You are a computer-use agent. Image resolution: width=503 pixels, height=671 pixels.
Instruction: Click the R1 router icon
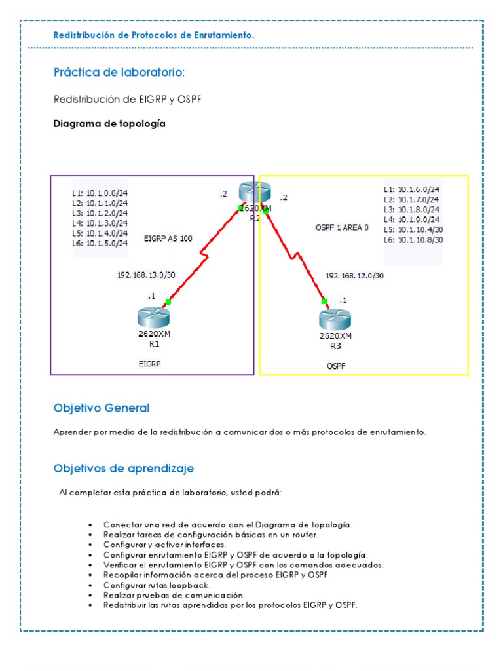click(153, 317)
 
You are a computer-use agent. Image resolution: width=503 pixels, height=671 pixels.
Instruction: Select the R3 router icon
click(335, 320)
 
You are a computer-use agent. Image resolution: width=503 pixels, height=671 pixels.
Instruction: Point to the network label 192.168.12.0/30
click(354, 276)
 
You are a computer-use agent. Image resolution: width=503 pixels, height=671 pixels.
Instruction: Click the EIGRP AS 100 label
click(168, 239)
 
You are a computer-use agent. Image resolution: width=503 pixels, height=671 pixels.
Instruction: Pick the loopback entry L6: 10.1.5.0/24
click(100, 242)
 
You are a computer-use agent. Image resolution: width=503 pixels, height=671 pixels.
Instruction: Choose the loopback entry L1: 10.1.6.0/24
click(411, 190)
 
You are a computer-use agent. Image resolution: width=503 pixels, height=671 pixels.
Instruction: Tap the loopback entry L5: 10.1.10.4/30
click(414, 230)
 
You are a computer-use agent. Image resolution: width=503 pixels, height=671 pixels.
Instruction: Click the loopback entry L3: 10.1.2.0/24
click(100, 213)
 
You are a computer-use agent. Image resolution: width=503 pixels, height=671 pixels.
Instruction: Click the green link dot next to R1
click(168, 302)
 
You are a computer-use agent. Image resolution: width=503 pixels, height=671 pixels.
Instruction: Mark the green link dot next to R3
click(324, 301)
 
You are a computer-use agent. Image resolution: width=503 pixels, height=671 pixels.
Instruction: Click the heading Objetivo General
click(102, 408)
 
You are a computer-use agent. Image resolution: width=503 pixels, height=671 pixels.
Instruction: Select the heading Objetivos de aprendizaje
click(123, 469)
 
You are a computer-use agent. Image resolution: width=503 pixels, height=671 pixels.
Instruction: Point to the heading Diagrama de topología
click(109, 124)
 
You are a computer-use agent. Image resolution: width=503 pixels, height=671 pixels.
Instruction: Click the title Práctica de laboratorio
click(115, 71)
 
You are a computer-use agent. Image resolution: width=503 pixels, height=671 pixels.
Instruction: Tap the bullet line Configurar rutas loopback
click(156, 585)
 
